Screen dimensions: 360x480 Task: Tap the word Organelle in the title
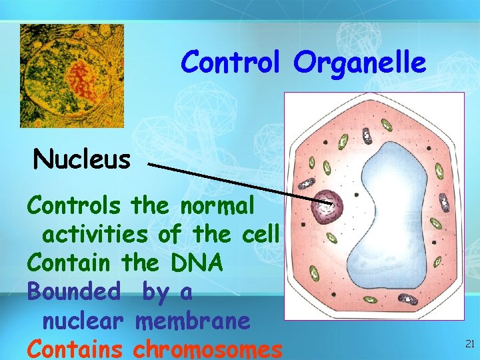coord(359,63)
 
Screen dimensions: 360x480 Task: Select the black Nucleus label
coord(82,159)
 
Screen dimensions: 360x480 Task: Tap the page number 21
coord(469,344)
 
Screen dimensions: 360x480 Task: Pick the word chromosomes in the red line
coord(208,349)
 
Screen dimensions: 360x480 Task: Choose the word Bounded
coord(74,292)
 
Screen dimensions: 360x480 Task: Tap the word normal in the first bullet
coord(216,205)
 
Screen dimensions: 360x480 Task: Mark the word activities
coord(95,234)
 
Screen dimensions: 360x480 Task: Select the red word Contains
coord(75,349)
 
